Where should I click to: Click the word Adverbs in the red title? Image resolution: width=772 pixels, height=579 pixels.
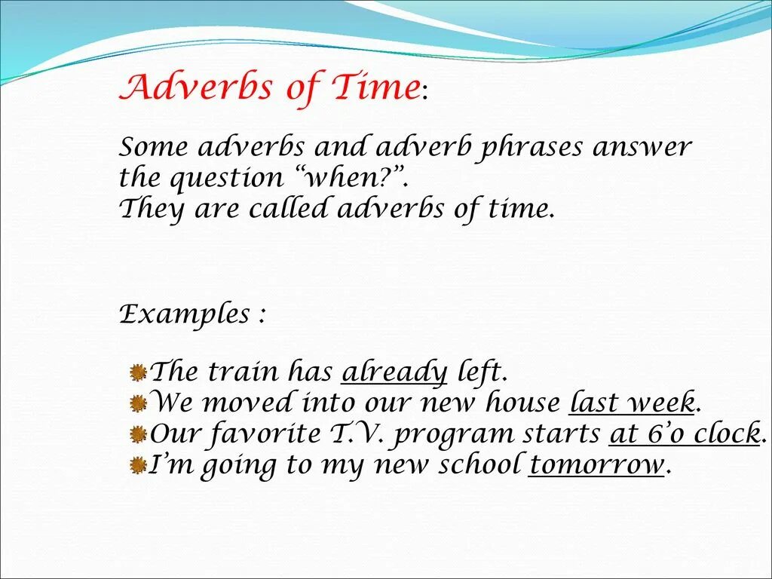pyautogui.click(x=197, y=87)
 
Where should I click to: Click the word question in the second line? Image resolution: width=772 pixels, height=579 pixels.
pyautogui.click(x=225, y=179)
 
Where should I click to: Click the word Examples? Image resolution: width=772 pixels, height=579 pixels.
pyautogui.click(x=185, y=314)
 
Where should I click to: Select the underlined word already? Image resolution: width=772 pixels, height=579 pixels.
pyautogui.click(x=395, y=372)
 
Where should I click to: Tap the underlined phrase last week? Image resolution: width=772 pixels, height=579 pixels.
pyautogui.click(x=632, y=403)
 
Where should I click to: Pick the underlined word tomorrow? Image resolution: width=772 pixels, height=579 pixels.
pyautogui.click(x=596, y=464)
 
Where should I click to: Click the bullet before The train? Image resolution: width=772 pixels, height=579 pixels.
pyautogui.click(x=137, y=372)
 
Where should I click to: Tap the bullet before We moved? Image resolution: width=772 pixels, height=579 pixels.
pyautogui.click(x=137, y=403)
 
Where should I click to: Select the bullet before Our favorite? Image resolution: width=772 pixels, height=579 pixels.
pyautogui.click(x=137, y=434)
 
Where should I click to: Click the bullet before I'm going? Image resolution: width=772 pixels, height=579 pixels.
pyautogui.click(x=137, y=465)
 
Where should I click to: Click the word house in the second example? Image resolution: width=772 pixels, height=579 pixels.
pyautogui.click(x=523, y=403)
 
